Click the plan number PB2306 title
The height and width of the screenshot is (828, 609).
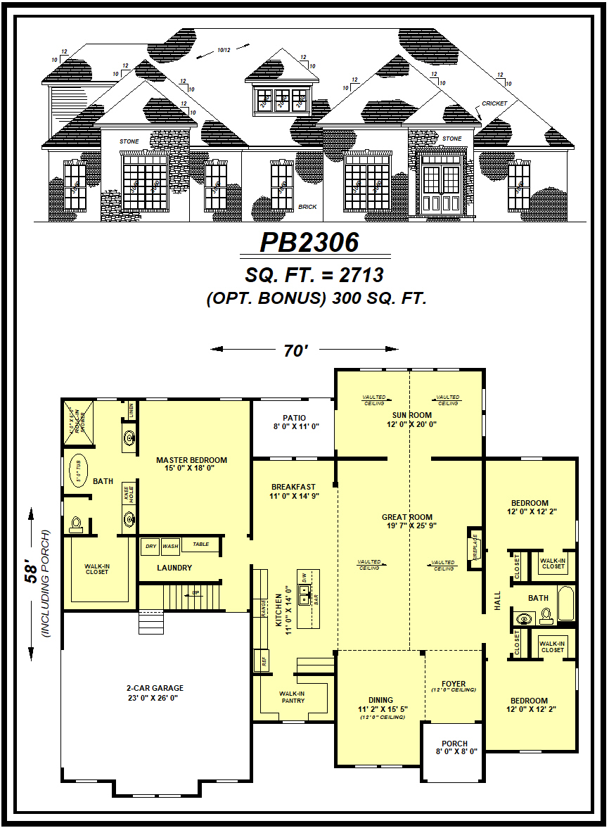[309, 242]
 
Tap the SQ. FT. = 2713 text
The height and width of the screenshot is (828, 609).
[314, 274]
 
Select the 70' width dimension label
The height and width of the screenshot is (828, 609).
[296, 350]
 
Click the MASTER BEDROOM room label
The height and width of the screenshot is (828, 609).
[191, 464]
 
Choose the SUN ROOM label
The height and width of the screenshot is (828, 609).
[411, 420]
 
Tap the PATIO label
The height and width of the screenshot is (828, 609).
[294, 422]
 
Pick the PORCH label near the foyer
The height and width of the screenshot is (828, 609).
[454, 747]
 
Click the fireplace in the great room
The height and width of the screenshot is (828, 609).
[475, 546]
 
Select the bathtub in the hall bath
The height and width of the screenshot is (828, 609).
[565, 604]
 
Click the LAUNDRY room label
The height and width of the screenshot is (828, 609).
[174, 568]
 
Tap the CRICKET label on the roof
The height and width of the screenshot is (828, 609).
[494, 103]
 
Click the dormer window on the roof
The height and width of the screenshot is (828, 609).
[282, 99]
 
